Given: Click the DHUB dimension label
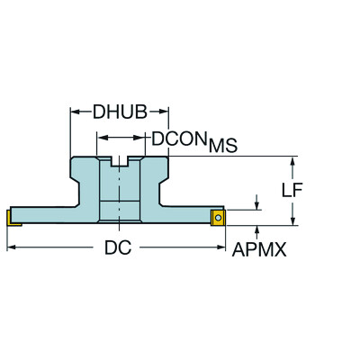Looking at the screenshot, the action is [120, 112].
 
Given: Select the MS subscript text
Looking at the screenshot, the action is [223, 146].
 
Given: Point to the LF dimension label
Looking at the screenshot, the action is [292, 190].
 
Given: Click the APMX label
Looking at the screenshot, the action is [259, 249].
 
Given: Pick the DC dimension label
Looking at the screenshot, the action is [118, 247].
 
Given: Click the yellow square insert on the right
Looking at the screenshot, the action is [218, 218].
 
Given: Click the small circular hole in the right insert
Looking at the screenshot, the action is [218, 218].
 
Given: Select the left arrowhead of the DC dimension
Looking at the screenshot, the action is [11, 247].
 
